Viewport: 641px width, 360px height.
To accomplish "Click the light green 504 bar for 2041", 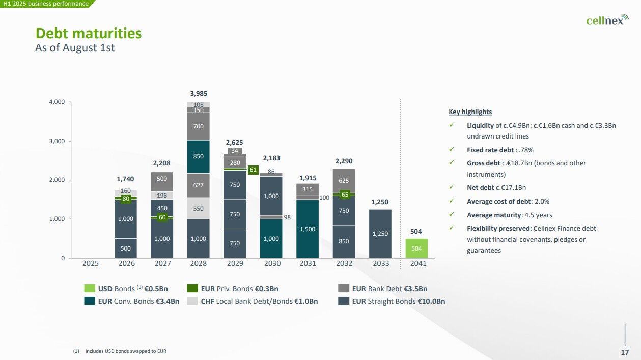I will [x=416, y=248].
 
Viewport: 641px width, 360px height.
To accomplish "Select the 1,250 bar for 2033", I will [x=381, y=234].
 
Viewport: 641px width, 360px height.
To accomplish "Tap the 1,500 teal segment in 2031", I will [x=308, y=229].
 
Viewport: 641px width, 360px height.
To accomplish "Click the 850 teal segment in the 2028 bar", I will [x=199, y=156].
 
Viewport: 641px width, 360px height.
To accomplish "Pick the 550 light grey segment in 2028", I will [x=199, y=208].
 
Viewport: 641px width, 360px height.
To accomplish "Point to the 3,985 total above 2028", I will [x=199, y=94].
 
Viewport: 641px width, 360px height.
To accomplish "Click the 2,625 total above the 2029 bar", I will [x=235, y=142].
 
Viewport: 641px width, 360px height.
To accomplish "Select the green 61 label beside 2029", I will [x=253, y=170].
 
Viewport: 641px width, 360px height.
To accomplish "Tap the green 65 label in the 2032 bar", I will [x=345, y=195].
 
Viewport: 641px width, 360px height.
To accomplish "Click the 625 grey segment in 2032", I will [x=344, y=181].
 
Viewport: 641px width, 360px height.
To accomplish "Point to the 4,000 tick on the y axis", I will [x=57, y=102].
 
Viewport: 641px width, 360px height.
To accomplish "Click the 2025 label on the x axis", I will [x=91, y=264].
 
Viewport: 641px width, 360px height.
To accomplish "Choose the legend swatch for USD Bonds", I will [x=90, y=289].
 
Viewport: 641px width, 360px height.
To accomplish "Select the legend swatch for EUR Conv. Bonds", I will [x=90, y=301].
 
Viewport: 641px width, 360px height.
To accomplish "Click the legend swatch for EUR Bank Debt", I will [x=344, y=289].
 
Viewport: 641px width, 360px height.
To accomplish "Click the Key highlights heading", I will [x=470, y=112].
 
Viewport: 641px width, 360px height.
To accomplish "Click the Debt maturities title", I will [x=89, y=34].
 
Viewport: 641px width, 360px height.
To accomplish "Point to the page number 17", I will [x=624, y=352].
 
